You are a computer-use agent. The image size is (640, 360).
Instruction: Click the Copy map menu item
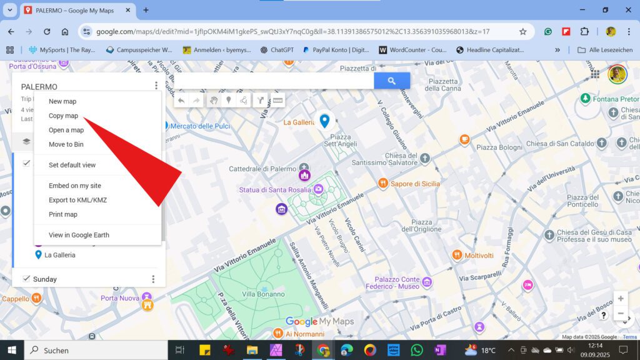coord(63,116)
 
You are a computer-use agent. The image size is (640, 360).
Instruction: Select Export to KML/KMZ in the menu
coord(77,200)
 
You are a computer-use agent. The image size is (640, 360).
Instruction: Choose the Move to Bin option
coord(66,144)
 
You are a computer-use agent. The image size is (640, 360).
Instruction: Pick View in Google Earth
coord(79,235)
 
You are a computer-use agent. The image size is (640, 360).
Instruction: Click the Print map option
coord(63,214)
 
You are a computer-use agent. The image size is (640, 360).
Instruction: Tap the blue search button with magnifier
coord(392,81)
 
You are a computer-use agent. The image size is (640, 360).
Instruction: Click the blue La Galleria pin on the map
coord(324,121)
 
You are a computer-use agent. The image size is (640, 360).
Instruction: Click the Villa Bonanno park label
coord(263,294)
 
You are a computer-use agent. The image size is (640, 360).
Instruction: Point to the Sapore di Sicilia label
coord(415,184)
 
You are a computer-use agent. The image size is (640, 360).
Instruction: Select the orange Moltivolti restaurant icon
coord(457,255)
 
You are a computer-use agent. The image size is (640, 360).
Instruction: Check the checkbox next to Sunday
coord(26,279)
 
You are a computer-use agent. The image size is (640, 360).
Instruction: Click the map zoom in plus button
coord(620,299)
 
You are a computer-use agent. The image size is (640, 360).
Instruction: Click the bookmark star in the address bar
coord(522,31)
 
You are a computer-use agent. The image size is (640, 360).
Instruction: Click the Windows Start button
coord(11,350)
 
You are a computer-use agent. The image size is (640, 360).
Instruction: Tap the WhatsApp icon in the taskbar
coord(417,350)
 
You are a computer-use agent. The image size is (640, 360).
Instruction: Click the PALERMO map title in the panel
coord(39,87)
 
